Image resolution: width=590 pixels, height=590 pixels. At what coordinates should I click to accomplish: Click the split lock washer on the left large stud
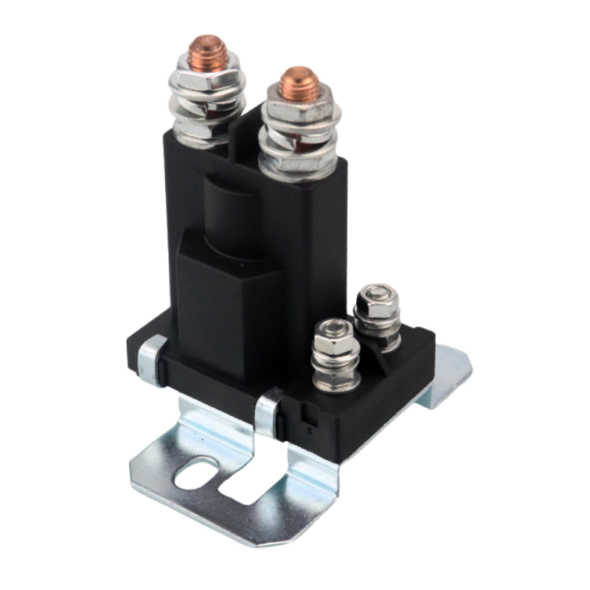[207, 104]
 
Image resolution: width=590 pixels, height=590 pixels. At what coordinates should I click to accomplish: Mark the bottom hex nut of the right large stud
[298, 165]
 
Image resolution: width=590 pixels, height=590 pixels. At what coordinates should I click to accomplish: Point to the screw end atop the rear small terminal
[377, 291]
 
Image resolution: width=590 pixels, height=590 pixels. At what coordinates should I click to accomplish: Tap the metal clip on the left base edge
[152, 359]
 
